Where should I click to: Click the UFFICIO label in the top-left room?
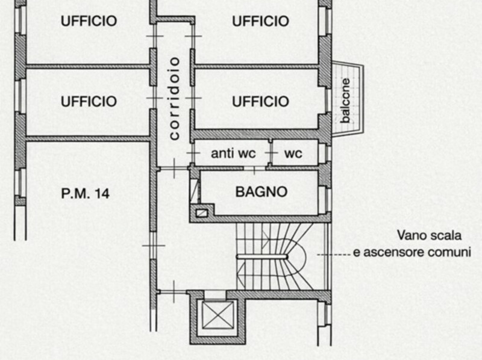[x=89, y=21]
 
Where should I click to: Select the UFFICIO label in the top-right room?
[x=260, y=21]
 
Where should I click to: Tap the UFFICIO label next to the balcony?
[x=260, y=101]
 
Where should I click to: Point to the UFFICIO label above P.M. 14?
[x=89, y=101]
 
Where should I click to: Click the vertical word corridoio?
[x=174, y=99]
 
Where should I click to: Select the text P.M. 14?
[x=85, y=193]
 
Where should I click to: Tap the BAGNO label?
[x=261, y=192]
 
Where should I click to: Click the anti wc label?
[x=233, y=154]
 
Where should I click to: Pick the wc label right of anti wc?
[x=293, y=154]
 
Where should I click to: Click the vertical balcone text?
[x=345, y=101]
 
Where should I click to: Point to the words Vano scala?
[x=429, y=235]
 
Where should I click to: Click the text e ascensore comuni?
[x=412, y=252]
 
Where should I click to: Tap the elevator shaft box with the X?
[x=218, y=315]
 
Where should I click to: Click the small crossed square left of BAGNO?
[x=202, y=213]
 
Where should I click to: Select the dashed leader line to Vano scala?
[x=334, y=255]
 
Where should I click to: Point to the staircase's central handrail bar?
[x=262, y=256]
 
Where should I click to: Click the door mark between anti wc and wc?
[x=271, y=153]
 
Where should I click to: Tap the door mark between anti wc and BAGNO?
[x=254, y=169]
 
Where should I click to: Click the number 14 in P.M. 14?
[x=102, y=193]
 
